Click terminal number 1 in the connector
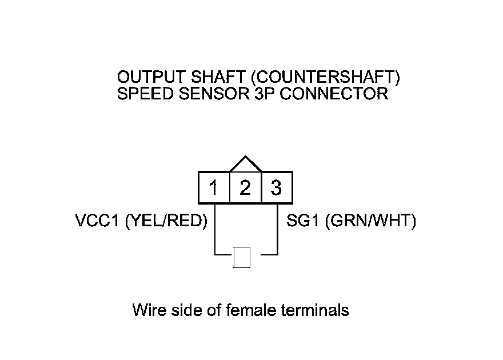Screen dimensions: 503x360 (214, 187)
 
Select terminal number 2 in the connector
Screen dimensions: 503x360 (245, 187)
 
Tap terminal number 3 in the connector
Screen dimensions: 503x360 (277, 187)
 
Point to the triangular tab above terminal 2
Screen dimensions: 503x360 (245, 165)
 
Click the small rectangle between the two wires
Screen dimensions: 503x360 (242, 258)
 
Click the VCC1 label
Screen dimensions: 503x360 (97, 222)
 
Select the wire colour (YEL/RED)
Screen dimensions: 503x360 (165, 222)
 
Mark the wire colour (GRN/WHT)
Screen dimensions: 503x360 (370, 222)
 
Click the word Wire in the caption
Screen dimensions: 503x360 (147, 310)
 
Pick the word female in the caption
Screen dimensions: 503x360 (253, 310)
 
